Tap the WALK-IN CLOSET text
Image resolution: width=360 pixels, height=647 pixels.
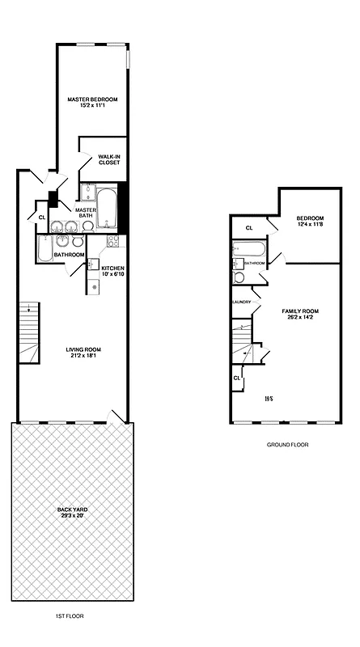(x=109, y=159)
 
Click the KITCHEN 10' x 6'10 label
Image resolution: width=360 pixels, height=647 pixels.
(x=113, y=271)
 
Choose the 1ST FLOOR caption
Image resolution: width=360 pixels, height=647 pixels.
(x=70, y=616)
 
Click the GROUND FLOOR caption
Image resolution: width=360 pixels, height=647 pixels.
(x=287, y=445)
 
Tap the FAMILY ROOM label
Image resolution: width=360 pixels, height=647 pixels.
(x=300, y=314)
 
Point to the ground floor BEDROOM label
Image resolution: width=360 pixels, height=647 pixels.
(x=309, y=221)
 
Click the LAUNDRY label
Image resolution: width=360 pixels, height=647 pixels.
(x=241, y=302)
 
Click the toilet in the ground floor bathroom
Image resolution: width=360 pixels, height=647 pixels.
(x=239, y=277)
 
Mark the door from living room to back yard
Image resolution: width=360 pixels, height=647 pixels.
(x=119, y=416)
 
